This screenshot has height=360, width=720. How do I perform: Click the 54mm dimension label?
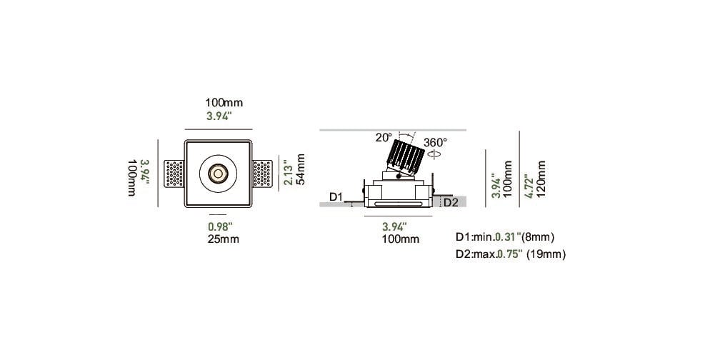[x=301, y=169]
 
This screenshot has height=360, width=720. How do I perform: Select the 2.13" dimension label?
[x=288, y=173]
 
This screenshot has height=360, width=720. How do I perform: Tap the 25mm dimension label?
[x=222, y=239]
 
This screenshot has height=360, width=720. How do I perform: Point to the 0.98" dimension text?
[x=221, y=226]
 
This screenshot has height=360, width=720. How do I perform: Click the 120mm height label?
[x=541, y=179]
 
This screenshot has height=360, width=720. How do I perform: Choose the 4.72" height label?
[x=529, y=186]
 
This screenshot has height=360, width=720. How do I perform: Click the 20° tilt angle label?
[x=384, y=137]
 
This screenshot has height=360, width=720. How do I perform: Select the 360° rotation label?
[x=435, y=142]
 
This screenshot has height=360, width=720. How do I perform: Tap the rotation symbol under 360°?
[x=435, y=154]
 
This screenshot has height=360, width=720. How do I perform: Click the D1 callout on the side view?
[x=336, y=197]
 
